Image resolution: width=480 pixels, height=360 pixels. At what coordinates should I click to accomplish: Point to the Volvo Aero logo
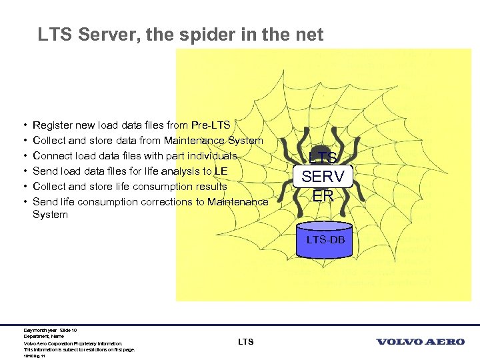click(421, 342)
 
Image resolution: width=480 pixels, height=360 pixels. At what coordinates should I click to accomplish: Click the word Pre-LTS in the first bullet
click(210, 125)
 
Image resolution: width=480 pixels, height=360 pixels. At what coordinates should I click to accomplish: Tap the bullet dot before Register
click(24, 125)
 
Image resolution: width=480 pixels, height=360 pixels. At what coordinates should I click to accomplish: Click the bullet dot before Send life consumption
click(24, 202)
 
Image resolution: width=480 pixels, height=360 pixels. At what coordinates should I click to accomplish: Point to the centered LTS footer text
click(245, 342)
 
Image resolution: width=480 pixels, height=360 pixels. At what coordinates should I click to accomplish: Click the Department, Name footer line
click(43, 337)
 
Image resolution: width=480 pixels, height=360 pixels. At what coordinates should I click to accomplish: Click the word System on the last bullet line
click(50, 215)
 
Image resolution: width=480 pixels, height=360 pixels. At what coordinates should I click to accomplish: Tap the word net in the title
click(310, 34)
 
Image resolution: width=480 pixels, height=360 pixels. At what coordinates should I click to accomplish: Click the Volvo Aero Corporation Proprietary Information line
click(73, 343)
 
